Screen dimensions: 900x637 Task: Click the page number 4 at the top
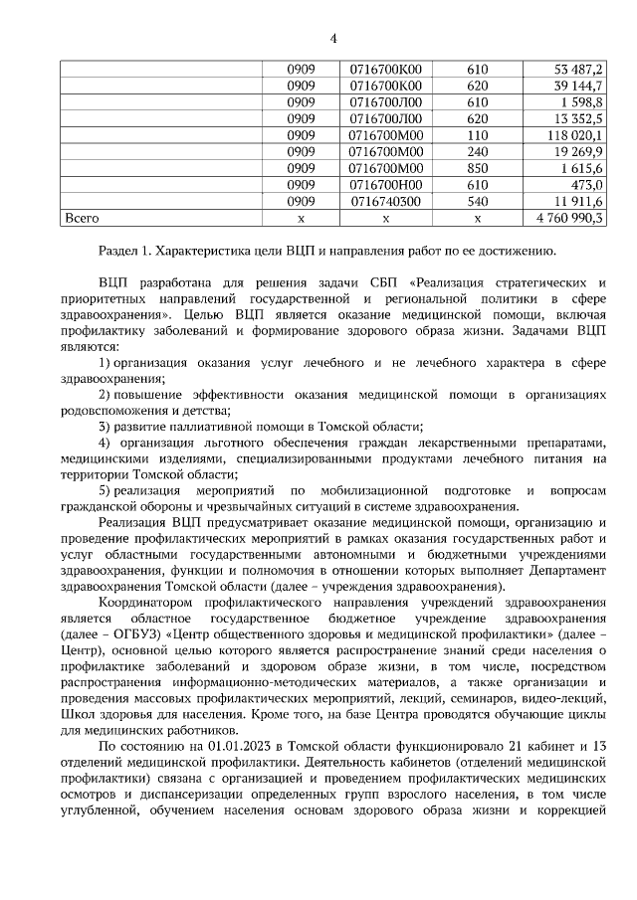coord(333,39)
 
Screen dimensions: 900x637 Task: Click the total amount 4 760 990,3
coord(569,217)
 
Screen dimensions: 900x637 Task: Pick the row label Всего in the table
coord(82,217)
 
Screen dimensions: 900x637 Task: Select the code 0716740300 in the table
coord(386,201)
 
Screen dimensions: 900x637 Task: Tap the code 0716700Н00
coord(386,184)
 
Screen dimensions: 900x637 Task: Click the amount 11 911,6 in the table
coord(578,201)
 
